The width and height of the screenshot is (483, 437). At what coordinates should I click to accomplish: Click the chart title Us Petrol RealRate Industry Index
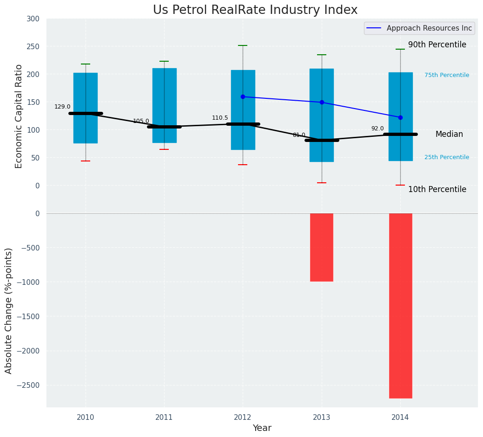pyautogui.click(x=255, y=10)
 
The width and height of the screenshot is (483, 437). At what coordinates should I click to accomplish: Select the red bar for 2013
pyautogui.click(x=322, y=247)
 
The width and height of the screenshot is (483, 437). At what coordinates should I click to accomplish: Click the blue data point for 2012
pyautogui.click(x=243, y=97)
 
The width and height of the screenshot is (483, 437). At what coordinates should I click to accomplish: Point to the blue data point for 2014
pyautogui.click(x=400, y=117)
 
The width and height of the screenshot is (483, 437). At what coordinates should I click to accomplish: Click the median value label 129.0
pyautogui.click(x=62, y=107)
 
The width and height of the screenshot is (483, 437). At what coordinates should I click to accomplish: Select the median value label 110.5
pyautogui.click(x=220, y=118)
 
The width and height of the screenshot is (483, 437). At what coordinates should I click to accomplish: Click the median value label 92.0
pyautogui.click(x=377, y=129)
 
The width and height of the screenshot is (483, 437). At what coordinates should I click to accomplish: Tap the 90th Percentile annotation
pyautogui.click(x=437, y=45)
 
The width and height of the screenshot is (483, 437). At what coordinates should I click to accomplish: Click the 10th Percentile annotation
pyautogui.click(x=437, y=189)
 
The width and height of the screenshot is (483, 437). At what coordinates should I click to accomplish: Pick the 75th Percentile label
pyautogui.click(x=446, y=75)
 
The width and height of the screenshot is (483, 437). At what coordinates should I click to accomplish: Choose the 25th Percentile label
pyautogui.click(x=446, y=157)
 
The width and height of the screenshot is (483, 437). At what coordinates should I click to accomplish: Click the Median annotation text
pyautogui.click(x=449, y=134)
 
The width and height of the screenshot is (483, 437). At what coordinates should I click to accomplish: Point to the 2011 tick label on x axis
pyautogui.click(x=164, y=418)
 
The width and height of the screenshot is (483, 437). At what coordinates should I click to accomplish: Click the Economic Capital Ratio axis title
pyautogui.click(x=19, y=116)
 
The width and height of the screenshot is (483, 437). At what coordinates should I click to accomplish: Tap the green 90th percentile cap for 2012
pyautogui.click(x=243, y=45)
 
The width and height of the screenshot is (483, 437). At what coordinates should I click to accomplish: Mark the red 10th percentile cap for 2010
pyautogui.click(x=86, y=161)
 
